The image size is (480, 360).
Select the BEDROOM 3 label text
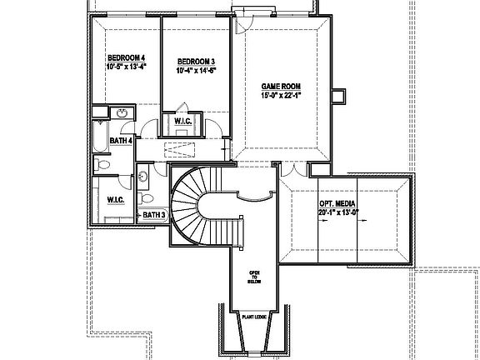pyautogui.click(x=197, y=62)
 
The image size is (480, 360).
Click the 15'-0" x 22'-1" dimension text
pyautogui.click(x=280, y=95)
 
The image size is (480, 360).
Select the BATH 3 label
pyautogui.click(x=152, y=215)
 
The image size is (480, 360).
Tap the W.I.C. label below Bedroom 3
pyautogui.click(x=183, y=123)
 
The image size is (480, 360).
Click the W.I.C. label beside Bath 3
pyautogui.click(x=115, y=199)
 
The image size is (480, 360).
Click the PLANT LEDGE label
pyautogui.click(x=255, y=316)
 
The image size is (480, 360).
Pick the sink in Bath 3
pyautogui.click(x=142, y=176)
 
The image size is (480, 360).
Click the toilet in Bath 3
pyautogui.click(x=147, y=200)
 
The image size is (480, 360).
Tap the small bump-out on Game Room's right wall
pyautogui.click(x=337, y=97)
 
